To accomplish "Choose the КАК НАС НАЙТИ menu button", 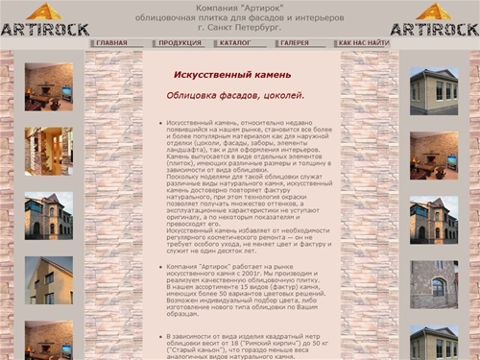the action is click(364, 43).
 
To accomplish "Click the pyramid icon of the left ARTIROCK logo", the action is click(44, 12).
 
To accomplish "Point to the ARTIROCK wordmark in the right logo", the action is click(435, 29).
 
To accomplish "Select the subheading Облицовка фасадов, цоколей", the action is click(235, 95).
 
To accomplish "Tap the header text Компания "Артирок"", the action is click(240, 8).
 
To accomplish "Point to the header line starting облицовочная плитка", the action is click(240, 17).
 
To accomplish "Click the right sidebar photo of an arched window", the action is click(434, 284).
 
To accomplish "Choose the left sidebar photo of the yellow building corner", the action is click(49, 279).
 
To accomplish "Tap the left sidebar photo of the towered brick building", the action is click(49, 216).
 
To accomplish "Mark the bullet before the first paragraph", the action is click(158, 125).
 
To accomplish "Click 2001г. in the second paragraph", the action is click(277, 273).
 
